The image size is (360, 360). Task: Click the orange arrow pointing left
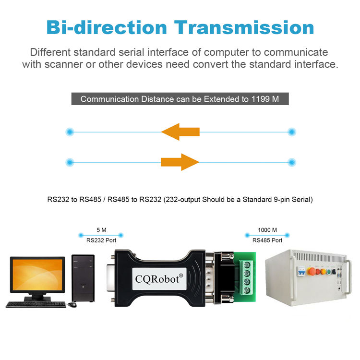[x=180, y=131]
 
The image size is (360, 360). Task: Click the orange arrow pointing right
[x=180, y=162]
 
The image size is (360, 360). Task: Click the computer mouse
[x=72, y=305]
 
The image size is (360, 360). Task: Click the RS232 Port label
[x=100, y=241]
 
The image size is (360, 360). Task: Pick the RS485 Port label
[x=267, y=241]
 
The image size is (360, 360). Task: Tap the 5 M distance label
[x=101, y=230]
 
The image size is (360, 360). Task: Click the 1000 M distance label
[x=267, y=230]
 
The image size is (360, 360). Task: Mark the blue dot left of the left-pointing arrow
[x=71, y=132]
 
